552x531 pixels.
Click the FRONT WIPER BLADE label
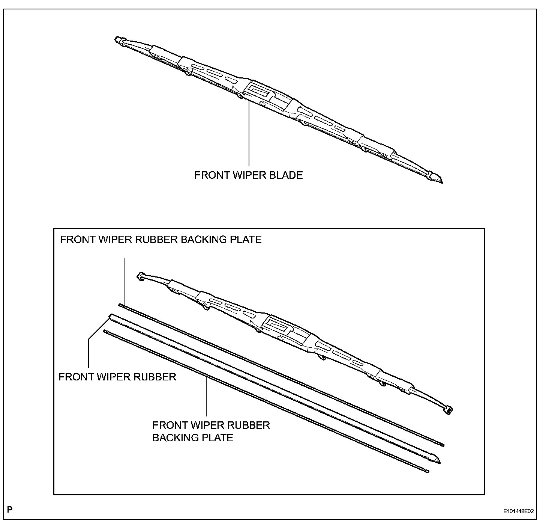click(x=248, y=175)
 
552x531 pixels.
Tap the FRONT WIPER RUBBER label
click(x=117, y=377)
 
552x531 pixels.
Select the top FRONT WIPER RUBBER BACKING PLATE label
click(x=160, y=240)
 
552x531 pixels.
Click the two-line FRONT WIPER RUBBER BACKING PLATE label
click(x=211, y=431)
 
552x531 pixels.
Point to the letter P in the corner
click(x=10, y=510)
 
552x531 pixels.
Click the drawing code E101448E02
click(x=518, y=511)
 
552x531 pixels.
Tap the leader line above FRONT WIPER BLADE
click(x=249, y=135)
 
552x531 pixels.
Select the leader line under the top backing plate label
click(x=124, y=282)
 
